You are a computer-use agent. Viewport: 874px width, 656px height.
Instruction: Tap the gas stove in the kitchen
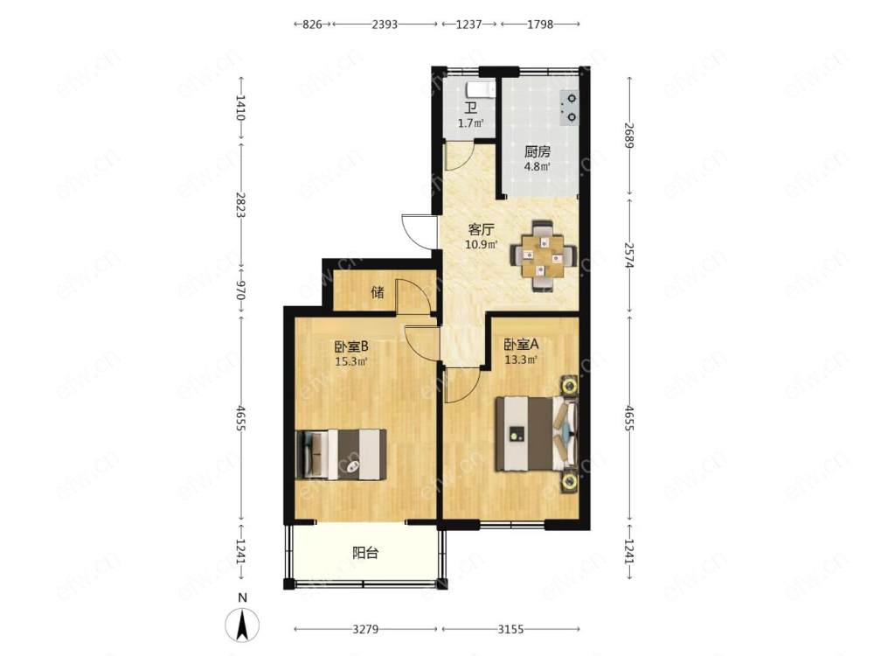(569, 108)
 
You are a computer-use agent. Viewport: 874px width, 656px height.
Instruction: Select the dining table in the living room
(542, 256)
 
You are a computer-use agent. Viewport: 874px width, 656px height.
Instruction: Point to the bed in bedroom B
(341, 454)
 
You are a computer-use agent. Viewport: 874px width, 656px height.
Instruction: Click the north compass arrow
(242, 625)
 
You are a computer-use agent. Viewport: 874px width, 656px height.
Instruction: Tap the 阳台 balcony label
(365, 553)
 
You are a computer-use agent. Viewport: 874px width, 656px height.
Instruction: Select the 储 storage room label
(378, 292)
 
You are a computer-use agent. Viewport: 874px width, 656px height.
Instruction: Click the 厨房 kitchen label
(538, 151)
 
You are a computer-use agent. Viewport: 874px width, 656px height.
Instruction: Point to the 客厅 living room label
(481, 229)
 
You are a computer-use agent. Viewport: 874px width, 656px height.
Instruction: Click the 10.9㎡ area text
(481, 244)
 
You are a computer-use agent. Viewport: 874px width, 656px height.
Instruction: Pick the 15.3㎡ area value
(350, 361)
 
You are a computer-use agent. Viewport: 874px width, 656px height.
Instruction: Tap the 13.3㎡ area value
(521, 359)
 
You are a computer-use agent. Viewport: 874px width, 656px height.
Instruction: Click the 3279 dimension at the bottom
(365, 629)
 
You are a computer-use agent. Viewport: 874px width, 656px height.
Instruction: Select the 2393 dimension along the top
(385, 24)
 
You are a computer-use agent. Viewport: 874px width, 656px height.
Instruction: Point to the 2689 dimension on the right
(630, 136)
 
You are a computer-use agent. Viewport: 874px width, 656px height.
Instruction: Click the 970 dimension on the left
(241, 290)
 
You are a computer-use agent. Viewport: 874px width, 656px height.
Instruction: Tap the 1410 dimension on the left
(241, 108)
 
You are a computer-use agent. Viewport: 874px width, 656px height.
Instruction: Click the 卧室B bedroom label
(351, 347)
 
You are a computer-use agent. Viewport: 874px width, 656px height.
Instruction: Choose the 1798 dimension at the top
(539, 24)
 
